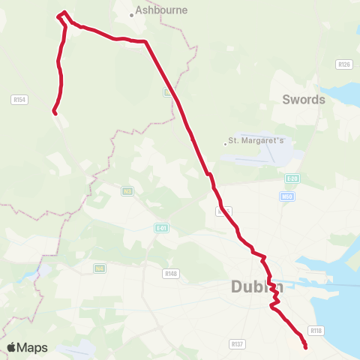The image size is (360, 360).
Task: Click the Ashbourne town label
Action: (x=162, y=11)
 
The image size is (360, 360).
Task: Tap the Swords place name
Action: (x=304, y=99)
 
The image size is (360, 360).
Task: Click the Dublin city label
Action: (x=257, y=286)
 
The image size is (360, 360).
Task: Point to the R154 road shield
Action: (x=19, y=99)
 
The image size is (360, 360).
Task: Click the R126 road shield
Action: (x=344, y=64)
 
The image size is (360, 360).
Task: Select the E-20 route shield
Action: (x=292, y=179)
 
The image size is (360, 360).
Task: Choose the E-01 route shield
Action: (x=161, y=228)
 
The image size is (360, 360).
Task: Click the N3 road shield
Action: (x=127, y=191)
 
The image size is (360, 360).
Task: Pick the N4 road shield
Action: (x=99, y=268)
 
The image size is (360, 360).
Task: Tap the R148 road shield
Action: (x=171, y=273)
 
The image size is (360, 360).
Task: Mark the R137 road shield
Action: (x=238, y=344)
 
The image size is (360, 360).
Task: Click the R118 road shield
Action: (x=316, y=331)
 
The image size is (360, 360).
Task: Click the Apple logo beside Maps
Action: (x=12, y=347)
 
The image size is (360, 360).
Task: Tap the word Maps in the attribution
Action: (x=33, y=347)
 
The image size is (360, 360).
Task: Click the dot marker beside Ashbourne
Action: (x=131, y=14)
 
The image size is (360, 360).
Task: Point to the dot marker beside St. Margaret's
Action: (x=225, y=143)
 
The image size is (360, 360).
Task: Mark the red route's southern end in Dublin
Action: (x=305, y=346)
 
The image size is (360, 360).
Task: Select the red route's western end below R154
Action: (x=54, y=112)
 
